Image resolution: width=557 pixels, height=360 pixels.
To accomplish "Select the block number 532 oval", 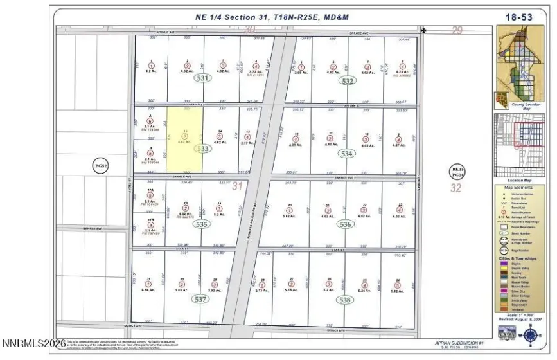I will tap(348, 81).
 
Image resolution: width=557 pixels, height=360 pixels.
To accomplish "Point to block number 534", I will tap(347, 154).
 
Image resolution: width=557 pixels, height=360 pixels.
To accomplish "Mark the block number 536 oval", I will tap(346, 224).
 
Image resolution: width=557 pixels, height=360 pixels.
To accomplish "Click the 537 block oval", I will tap(200, 299).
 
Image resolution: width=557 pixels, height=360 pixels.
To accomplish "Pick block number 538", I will tap(345, 299).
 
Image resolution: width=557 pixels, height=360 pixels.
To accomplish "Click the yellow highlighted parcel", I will tap(185, 139).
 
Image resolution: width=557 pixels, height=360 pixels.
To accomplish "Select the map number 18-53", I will tap(518, 17).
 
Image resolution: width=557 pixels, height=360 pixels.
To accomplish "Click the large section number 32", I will tap(457, 188).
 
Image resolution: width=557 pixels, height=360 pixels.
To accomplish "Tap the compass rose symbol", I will tap(530, 334).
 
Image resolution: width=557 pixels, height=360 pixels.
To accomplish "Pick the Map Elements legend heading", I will tap(519, 187).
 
